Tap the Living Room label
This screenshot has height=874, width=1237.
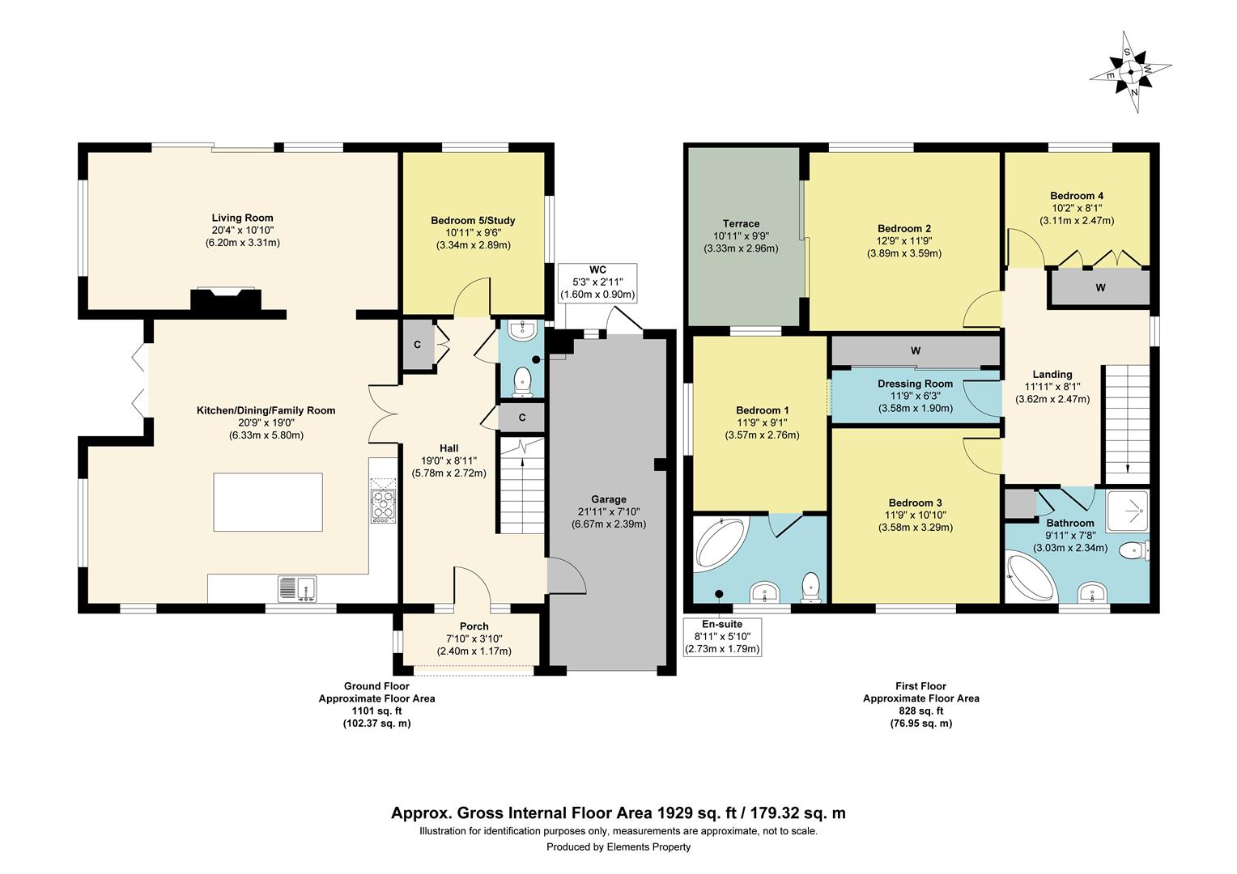[x=242, y=218]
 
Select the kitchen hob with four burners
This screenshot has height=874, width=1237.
[x=383, y=506]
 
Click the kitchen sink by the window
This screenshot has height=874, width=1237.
[x=298, y=588]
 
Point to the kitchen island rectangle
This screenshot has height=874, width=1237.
[x=268, y=502]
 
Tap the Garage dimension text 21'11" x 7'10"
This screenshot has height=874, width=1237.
[x=609, y=511]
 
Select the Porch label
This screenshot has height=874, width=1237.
[x=474, y=626]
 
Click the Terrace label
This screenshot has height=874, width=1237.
[x=741, y=223]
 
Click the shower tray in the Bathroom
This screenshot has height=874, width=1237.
[x=1128, y=510]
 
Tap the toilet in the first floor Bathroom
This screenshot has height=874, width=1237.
[x=1134, y=550]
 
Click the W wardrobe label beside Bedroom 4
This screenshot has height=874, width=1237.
[x=1100, y=287]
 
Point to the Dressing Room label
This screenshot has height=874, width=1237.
[x=915, y=384]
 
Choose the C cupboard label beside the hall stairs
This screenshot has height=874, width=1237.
[x=522, y=418]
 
